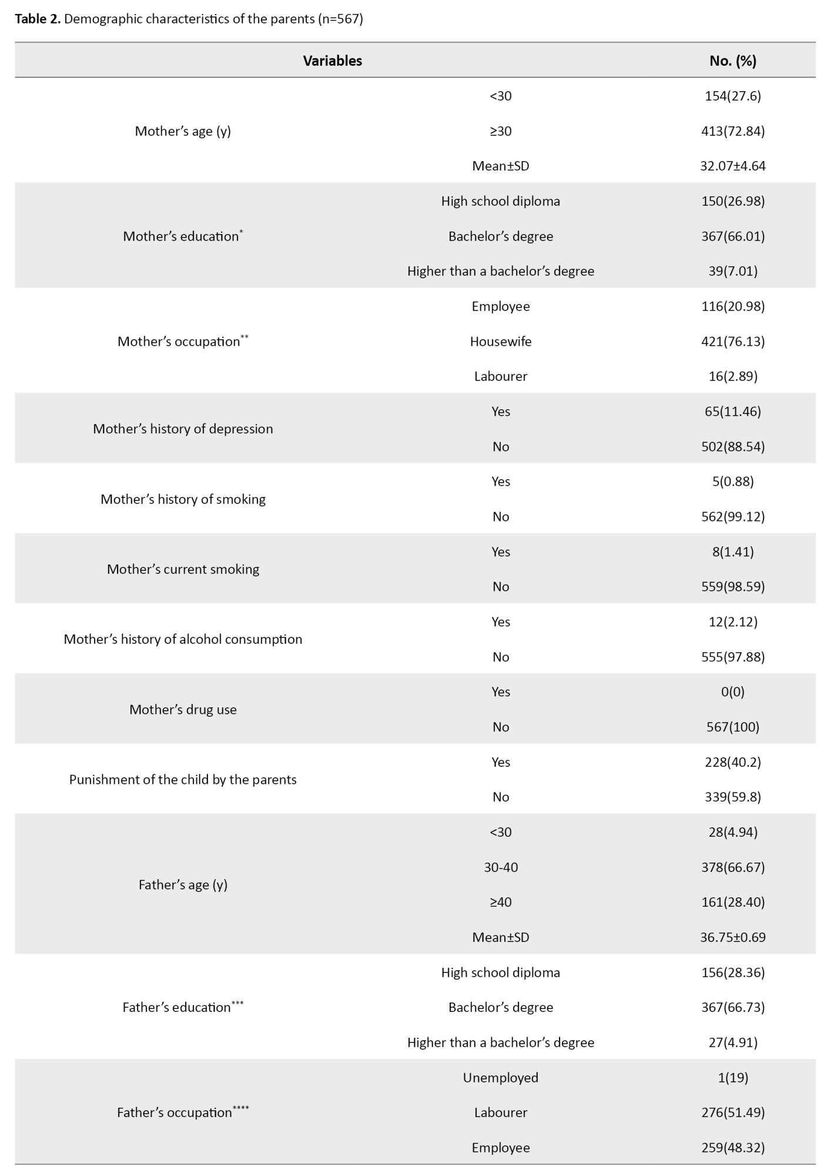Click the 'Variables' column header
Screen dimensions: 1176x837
(332, 61)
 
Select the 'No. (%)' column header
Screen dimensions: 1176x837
(732, 61)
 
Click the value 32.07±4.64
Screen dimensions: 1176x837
(732, 166)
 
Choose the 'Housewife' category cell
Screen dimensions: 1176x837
(500, 342)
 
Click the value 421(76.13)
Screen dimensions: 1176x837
(732, 342)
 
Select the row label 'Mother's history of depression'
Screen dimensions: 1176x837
(183, 429)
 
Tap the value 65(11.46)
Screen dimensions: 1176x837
(732, 412)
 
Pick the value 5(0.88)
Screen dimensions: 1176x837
(732, 482)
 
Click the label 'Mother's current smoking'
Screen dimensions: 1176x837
(183, 569)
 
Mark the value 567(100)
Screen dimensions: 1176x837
(732, 727)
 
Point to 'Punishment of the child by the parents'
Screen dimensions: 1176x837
(183, 780)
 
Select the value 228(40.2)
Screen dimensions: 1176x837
(732, 762)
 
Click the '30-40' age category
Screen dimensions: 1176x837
(500, 867)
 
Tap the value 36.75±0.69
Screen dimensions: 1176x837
(732, 937)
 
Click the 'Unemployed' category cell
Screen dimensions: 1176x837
(500, 1078)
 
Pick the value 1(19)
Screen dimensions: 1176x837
(732, 1078)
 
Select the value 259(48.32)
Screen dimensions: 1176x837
(732, 1148)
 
